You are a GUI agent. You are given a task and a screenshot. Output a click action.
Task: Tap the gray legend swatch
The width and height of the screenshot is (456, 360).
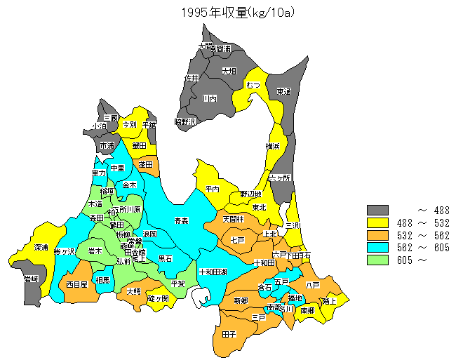point(377,210)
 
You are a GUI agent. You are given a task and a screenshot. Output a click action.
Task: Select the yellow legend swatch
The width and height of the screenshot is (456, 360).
point(377,222)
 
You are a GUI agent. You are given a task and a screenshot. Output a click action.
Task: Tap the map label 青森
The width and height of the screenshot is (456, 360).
point(182,220)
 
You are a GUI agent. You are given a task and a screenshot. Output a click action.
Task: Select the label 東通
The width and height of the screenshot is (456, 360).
point(284,91)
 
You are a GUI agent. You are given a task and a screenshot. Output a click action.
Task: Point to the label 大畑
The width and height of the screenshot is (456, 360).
point(229,71)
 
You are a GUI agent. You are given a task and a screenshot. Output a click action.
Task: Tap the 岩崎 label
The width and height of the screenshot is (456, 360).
point(31,279)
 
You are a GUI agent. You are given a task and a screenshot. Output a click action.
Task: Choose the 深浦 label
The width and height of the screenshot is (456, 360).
point(41,248)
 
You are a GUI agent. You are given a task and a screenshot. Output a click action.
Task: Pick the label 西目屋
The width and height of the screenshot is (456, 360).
point(77,284)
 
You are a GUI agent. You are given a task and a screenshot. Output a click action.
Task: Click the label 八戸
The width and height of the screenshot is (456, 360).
point(313,284)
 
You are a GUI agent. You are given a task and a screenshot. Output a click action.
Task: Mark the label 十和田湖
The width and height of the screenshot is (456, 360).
point(213,272)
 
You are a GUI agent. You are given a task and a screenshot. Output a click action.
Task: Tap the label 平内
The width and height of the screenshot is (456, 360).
point(213,189)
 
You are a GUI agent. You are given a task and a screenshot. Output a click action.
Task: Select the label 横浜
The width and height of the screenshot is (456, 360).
point(273,146)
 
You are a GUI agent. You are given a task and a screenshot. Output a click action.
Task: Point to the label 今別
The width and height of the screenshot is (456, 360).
point(129,124)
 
